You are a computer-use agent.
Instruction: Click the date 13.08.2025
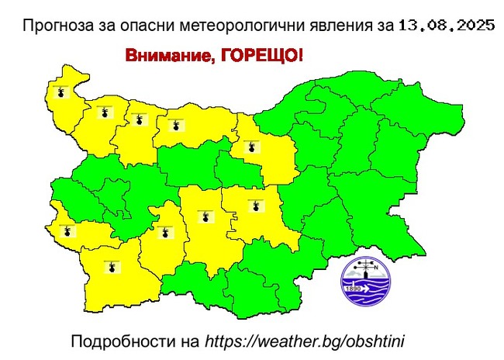[447, 26]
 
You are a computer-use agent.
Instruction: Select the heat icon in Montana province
[103, 112]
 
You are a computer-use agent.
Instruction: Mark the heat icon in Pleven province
[177, 123]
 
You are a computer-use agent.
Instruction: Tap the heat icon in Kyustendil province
[68, 230]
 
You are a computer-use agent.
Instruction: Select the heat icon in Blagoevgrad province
[113, 267]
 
